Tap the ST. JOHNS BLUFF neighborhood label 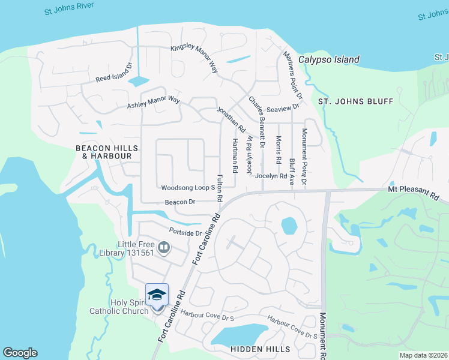pyautogui.click(x=355, y=101)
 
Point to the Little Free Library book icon pyautogui.click(x=164, y=246)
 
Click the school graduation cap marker pyautogui.click(x=157, y=295)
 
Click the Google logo pyautogui.click(x=20, y=353)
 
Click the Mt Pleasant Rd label pyautogui.click(x=414, y=193)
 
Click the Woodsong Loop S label pyautogui.click(x=188, y=188)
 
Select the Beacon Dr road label pyautogui.click(x=180, y=202)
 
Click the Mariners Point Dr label pyautogui.click(x=292, y=75)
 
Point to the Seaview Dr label pyautogui.click(x=283, y=109)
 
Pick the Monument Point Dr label pyautogui.click(x=304, y=156)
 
